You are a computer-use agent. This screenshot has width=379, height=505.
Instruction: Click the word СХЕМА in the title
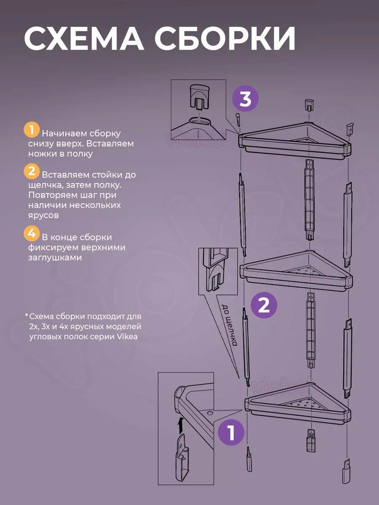[x=84, y=38]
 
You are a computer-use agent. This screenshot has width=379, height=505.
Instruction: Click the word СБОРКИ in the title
[x=225, y=38]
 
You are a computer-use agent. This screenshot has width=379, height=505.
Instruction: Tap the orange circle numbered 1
[x=32, y=130]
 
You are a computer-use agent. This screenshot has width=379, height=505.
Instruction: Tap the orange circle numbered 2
[x=32, y=171]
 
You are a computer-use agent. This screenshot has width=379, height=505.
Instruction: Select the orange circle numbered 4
[x=32, y=234]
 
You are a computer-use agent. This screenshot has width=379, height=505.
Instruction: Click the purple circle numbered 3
[x=246, y=98]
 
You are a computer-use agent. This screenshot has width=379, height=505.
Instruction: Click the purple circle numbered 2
[x=264, y=305]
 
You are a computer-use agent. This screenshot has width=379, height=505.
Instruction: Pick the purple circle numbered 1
[x=231, y=433]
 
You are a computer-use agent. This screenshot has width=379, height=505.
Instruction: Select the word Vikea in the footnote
[x=128, y=337]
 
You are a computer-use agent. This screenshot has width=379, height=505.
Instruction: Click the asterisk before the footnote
[x=27, y=314]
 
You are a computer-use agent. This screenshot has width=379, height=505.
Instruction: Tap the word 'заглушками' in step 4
[x=55, y=258]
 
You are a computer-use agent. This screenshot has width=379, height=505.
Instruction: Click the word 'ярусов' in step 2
[x=43, y=215]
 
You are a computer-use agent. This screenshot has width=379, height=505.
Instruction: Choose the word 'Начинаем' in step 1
[x=64, y=133]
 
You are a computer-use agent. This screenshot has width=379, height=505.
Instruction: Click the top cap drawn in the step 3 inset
[x=200, y=97]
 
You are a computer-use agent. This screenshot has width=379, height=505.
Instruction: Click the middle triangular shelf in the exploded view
[x=296, y=271]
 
